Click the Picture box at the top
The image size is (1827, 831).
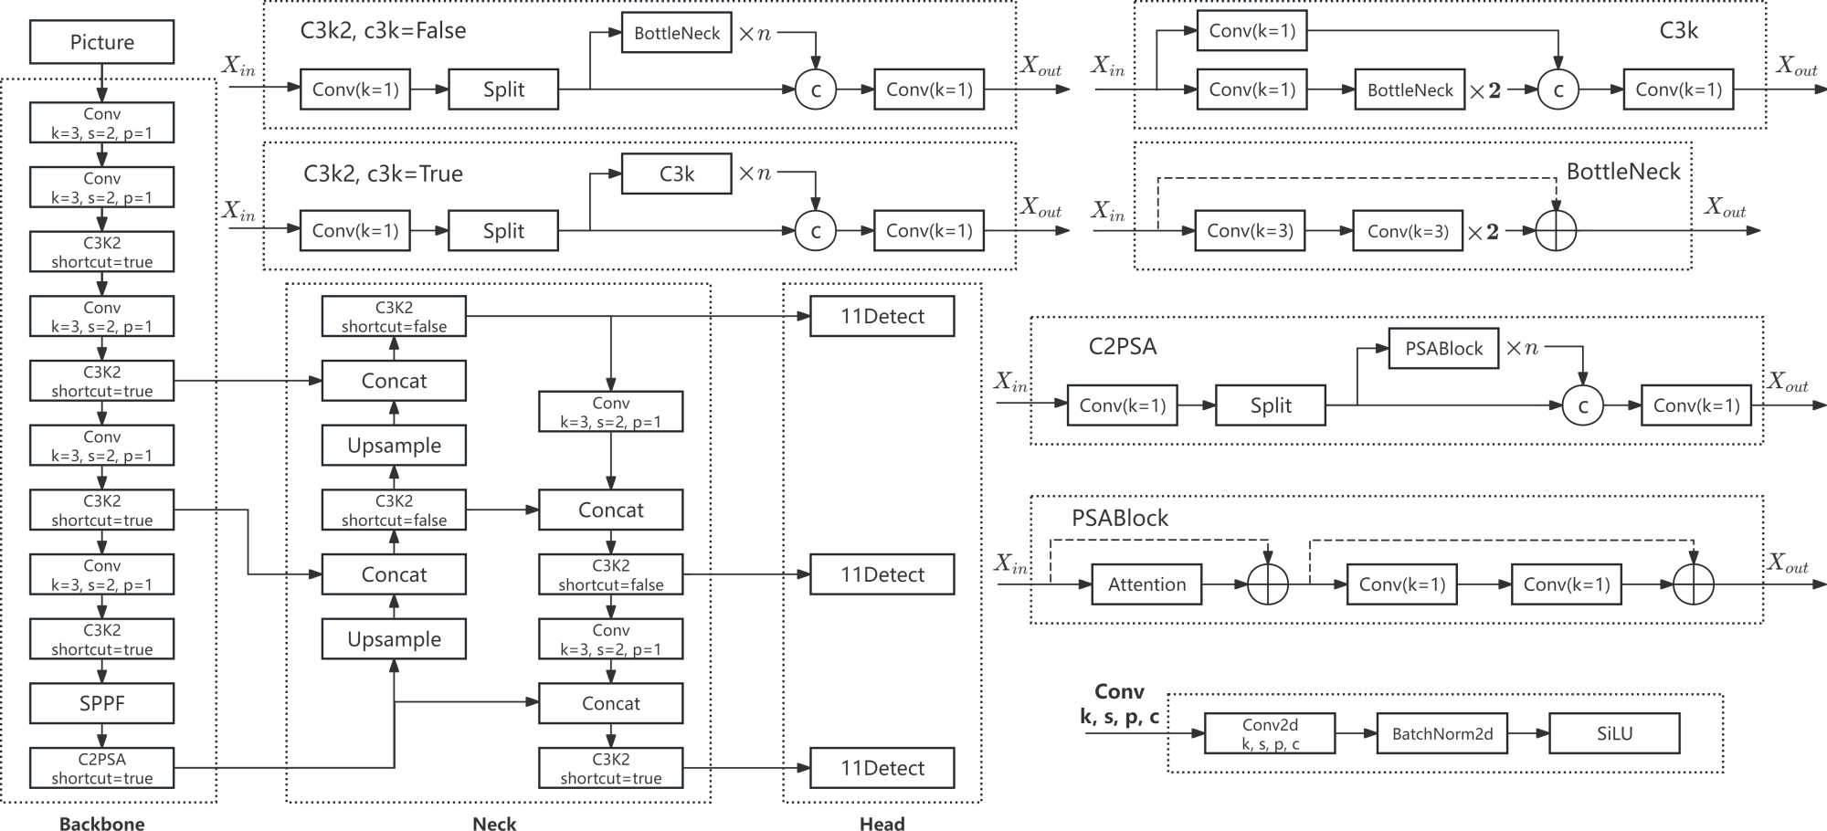[x=101, y=42]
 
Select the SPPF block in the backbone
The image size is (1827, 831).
[x=101, y=703]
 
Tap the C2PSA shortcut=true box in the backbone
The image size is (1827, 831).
[x=101, y=768]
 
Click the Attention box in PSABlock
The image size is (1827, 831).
[x=1146, y=584]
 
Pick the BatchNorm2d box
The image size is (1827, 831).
[x=1442, y=733]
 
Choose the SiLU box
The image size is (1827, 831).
[x=1614, y=733]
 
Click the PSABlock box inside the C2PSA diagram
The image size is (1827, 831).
[x=1443, y=348]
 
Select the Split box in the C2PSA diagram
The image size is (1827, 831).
[x=1270, y=405]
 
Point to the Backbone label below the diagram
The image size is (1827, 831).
[x=101, y=823]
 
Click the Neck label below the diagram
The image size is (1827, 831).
[x=494, y=823]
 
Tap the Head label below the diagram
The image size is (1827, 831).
[x=882, y=823]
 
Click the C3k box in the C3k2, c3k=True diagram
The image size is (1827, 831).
[x=676, y=174]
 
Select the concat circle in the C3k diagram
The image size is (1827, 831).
[x=1558, y=89]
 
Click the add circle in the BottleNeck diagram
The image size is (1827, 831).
[x=1556, y=231]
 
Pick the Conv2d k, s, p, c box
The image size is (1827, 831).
[x=1270, y=733]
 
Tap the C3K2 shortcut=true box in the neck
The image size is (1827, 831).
[x=610, y=768]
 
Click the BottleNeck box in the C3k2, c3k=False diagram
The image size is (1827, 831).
[x=676, y=33]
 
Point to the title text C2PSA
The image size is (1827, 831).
[x=1122, y=346]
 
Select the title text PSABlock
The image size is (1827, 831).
[x=1119, y=518]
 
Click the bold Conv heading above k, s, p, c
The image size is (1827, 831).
[x=1119, y=691]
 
